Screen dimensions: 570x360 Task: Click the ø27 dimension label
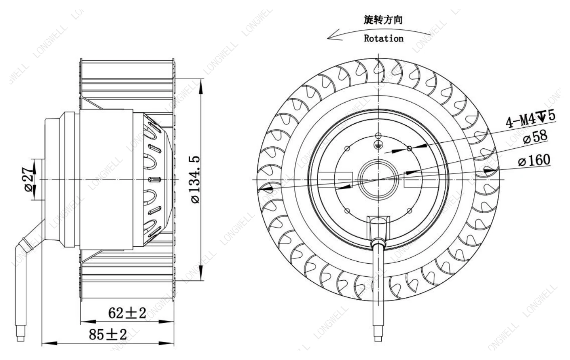pos(29,179)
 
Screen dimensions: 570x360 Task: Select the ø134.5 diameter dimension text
pos(195,180)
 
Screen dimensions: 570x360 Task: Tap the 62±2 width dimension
pos(127,313)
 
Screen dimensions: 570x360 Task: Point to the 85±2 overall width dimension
pos(108,335)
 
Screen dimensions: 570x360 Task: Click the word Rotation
pos(383,38)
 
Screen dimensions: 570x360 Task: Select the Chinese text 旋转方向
pos(383,20)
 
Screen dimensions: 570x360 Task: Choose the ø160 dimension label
pos(534,160)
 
